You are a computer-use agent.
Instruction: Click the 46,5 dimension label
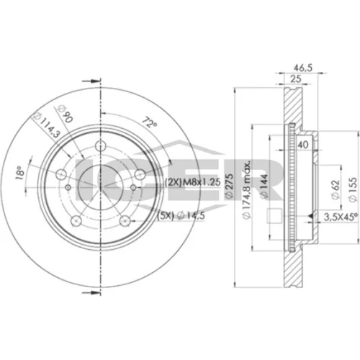(303, 68)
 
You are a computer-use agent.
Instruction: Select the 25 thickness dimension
(296, 78)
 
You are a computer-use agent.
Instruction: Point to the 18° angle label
(20, 173)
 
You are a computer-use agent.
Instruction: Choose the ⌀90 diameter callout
(65, 114)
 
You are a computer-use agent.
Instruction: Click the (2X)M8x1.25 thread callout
(193, 182)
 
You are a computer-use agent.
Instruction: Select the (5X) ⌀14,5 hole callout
(181, 216)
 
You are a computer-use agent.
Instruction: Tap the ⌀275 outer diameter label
(229, 186)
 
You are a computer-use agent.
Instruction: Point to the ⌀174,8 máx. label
(247, 189)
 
